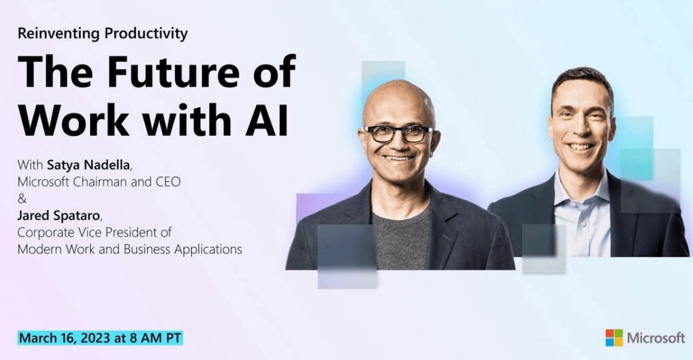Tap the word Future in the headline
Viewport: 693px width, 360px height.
[x=184, y=71]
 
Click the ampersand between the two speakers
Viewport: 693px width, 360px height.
[x=21, y=200]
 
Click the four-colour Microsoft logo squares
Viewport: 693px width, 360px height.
[x=613, y=338]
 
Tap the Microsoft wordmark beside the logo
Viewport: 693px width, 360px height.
[x=655, y=338]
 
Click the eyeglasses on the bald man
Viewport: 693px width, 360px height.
[x=398, y=133]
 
